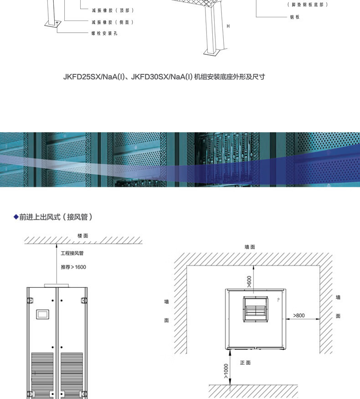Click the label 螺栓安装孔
(104, 33)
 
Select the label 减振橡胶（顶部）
(113, 10)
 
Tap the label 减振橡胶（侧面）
(113, 22)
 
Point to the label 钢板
(294, 17)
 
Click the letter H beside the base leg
(228, 26)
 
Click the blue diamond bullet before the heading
(16, 217)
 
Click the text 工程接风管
(72, 253)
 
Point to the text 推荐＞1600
(73, 267)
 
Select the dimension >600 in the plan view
(249, 281)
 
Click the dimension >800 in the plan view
(299, 315)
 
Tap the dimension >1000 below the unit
(226, 371)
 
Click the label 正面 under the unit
(245, 363)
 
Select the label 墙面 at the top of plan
(250, 247)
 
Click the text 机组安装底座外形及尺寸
(229, 77)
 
